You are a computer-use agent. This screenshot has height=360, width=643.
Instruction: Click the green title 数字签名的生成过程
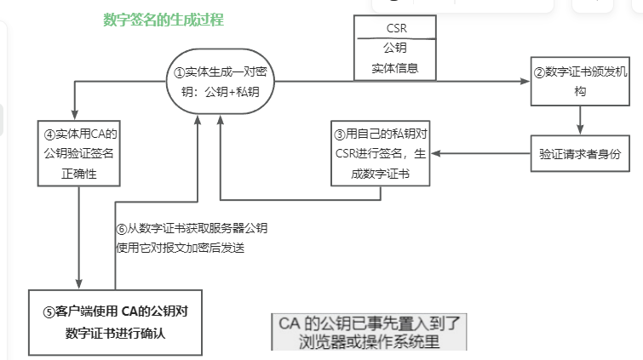(x=163, y=19)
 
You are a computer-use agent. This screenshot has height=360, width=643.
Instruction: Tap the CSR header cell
(x=393, y=27)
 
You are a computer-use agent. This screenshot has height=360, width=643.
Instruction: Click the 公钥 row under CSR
(x=393, y=47)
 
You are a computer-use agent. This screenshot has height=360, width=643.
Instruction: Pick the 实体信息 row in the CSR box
(x=393, y=67)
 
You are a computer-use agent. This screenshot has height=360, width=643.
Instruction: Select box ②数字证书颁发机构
(x=580, y=82)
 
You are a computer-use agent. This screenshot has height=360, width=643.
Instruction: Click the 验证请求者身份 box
(x=580, y=155)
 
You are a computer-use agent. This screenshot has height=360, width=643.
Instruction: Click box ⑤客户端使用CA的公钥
(x=114, y=323)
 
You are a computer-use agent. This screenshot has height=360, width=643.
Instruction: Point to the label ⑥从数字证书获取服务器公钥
(x=192, y=229)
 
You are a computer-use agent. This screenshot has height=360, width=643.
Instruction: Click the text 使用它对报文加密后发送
(x=180, y=248)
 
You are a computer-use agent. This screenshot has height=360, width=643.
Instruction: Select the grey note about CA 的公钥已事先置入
(x=369, y=332)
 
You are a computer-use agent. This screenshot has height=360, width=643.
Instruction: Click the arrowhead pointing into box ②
(x=525, y=82)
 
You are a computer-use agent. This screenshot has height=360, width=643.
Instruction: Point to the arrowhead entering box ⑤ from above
(x=78, y=286)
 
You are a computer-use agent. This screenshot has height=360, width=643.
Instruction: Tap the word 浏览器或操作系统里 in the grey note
(x=369, y=342)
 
